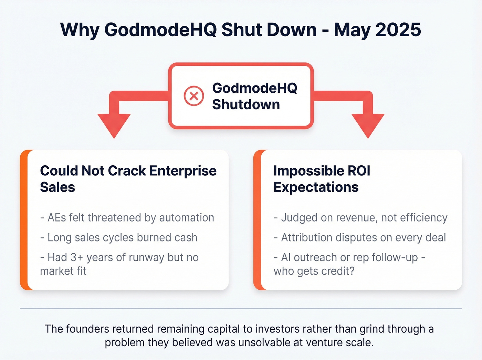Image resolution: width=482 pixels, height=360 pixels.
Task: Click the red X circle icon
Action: tap(194, 96)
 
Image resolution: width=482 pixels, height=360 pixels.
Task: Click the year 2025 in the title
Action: tap(398, 30)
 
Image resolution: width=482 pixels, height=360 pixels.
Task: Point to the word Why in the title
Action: tap(80, 31)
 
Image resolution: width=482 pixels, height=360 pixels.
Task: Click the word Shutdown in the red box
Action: tap(246, 104)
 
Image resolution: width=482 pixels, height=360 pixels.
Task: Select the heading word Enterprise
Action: tap(183, 171)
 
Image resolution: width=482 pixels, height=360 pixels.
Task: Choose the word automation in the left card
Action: tap(187, 218)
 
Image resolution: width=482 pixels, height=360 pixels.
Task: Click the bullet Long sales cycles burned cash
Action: tap(119, 238)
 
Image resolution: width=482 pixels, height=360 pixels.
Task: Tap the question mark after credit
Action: tap(352, 271)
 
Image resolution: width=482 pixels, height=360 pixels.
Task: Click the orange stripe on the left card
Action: tap(24, 220)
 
